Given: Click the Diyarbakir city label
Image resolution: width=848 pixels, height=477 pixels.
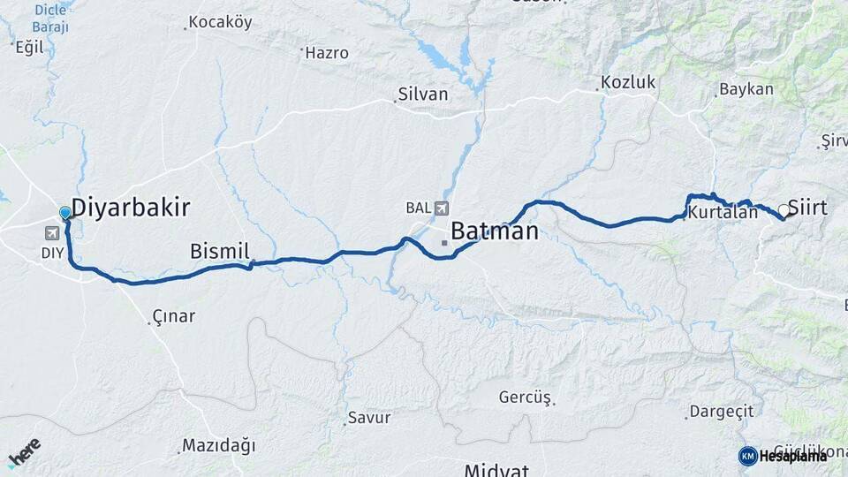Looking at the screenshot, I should (130, 208).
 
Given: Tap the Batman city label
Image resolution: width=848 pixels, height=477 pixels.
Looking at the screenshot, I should (494, 231).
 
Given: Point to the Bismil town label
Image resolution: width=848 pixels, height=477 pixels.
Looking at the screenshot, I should (220, 252).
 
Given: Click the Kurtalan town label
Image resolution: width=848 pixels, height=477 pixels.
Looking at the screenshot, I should (723, 213).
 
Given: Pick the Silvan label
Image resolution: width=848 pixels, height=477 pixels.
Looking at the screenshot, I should (423, 94).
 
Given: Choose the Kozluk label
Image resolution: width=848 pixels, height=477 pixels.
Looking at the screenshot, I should (628, 82).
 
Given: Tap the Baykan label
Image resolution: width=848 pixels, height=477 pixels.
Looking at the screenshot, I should (746, 89).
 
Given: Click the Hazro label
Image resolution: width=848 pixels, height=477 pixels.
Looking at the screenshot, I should (327, 53).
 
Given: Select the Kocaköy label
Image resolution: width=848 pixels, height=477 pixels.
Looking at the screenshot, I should (220, 22).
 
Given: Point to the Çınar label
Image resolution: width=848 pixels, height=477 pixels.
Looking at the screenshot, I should (173, 316).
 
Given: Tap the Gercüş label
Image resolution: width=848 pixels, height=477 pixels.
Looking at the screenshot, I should (525, 397).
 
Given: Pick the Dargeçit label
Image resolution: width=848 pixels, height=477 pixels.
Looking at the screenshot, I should (722, 411).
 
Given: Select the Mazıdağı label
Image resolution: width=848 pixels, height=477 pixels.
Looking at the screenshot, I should (218, 444).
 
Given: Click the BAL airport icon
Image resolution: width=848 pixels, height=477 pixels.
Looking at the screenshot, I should (440, 208).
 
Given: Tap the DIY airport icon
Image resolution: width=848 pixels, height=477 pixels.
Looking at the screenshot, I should (52, 233).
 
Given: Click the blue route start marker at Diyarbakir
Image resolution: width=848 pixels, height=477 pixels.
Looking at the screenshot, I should (64, 213).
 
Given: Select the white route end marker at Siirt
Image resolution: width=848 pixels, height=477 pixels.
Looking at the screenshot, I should (784, 211).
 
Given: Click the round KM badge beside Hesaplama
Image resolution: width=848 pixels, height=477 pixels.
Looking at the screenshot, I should (747, 456).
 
